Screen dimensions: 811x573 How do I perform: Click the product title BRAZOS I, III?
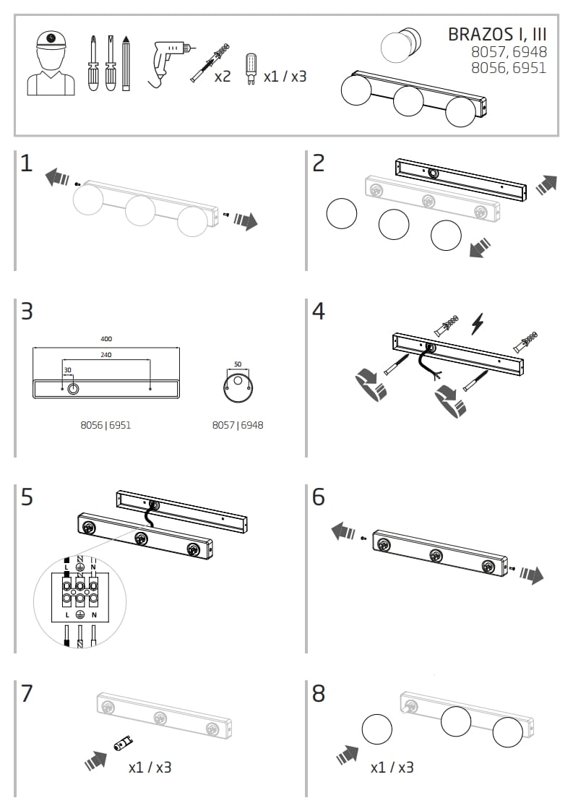pos(497,34)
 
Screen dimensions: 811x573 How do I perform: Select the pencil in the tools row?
pos(126,63)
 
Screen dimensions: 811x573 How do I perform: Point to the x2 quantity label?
pos(223,76)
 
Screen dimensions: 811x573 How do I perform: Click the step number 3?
pos(27,312)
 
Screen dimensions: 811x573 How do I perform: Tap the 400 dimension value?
pos(106,338)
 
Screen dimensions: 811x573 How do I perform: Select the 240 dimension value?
pos(106,355)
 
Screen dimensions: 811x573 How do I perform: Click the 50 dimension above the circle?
pos(238,364)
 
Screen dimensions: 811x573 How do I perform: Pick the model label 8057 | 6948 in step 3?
pos(238,425)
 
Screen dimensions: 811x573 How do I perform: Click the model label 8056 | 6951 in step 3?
pos(105,425)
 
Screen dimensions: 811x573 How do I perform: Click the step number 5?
pos(27,497)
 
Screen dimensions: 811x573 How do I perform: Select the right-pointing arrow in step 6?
pos(532,575)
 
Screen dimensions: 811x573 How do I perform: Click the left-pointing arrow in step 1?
pos(57,176)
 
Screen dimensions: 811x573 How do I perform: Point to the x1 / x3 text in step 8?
pos(392,768)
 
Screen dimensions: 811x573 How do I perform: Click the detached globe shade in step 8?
pos(376,729)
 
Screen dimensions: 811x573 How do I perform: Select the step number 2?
pos(319,163)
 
